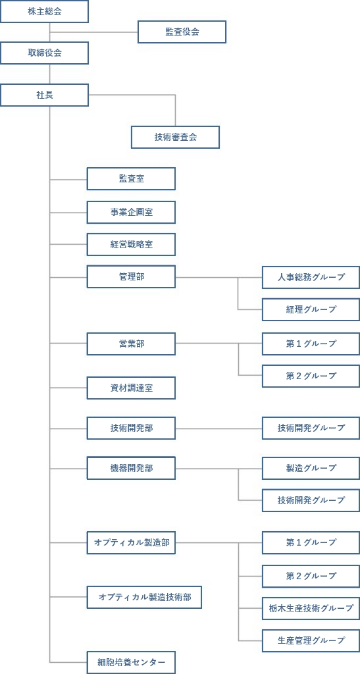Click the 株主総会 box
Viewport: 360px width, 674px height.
44,12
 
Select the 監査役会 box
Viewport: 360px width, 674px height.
182,32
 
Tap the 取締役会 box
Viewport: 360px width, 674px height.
44,53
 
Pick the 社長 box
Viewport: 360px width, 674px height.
44,95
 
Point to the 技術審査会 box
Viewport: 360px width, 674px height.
175,137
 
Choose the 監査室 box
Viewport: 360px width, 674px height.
131,179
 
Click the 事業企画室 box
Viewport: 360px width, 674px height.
131,213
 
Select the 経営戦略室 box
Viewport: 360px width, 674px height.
131,245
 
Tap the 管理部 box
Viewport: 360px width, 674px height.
131,277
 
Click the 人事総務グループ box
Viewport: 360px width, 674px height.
311,277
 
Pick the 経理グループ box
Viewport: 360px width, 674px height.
311,309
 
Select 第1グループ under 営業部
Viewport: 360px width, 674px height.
311,344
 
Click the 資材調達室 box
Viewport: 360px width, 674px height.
131,388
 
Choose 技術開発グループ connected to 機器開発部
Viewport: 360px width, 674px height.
311,500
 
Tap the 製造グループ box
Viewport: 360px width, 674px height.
311,468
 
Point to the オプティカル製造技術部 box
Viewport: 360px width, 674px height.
144,597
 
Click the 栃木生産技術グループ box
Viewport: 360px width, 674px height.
311,608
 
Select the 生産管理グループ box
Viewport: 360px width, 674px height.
311,640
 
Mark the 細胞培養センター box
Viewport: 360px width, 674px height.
131,662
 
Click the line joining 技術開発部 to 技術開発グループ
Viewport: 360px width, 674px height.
219,428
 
